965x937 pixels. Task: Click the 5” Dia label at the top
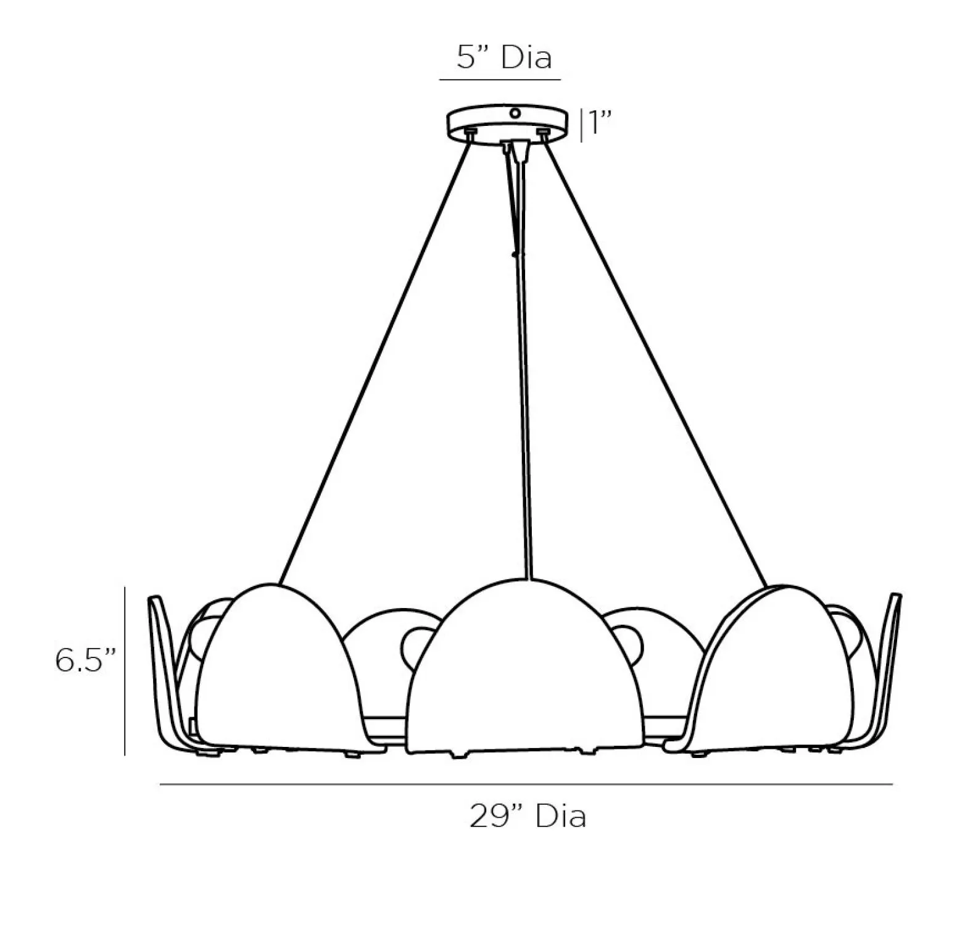click(503, 57)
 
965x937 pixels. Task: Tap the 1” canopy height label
click(600, 124)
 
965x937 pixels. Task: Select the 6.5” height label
click(86, 661)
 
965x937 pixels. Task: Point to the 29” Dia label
click(527, 816)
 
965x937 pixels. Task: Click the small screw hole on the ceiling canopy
click(515, 114)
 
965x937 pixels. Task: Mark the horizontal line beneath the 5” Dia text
click(500, 80)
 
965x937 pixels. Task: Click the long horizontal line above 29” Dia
click(526, 785)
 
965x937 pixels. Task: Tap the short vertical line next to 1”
click(580, 125)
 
